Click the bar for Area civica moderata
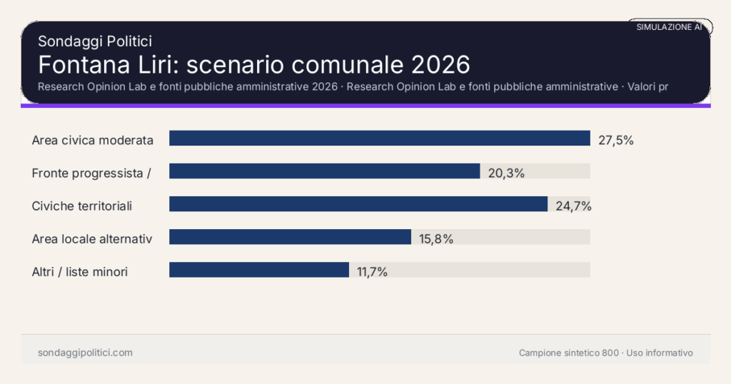pos(379,138)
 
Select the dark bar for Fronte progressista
pos(324,171)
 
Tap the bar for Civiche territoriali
pos(358,204)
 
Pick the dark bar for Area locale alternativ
pos(290,237)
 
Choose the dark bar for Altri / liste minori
pos(258,270)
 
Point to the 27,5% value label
pos(616,140)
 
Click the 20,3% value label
pos(506,173)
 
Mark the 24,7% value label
pos(574,206)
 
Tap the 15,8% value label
pos(436,238)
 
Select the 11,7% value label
pos(373,271)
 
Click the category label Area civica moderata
pos(93,140)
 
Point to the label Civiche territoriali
pos(82,206)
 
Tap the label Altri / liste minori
pos(80,271)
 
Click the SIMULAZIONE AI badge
pos(670,27)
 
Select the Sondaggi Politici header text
pos(95,41)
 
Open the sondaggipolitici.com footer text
pos(85,353)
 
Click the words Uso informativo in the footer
pos(660,353)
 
